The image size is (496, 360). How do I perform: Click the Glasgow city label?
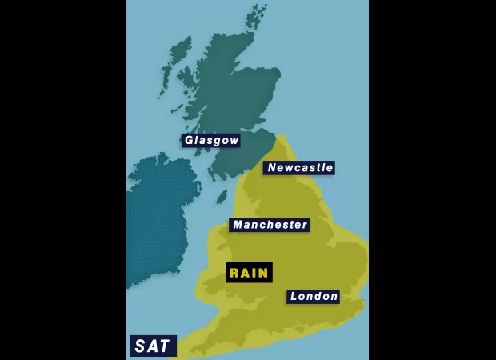click(x=211, y=141)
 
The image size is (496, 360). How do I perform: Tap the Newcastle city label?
click(x=299, y=168)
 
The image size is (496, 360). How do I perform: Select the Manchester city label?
click(x=270, y=225)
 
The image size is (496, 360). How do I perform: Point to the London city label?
click(x=314, y=297)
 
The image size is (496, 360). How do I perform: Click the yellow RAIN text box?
click(x=249, y=273)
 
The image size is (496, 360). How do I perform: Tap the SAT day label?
click(x=152, y=346)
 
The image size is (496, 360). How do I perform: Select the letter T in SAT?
click(x=164, y=346)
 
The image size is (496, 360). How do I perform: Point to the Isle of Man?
click(x=222, y=197)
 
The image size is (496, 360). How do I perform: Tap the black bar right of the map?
click(x=432, y=180)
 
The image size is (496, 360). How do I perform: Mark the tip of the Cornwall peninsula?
click(x=192, y=352)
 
